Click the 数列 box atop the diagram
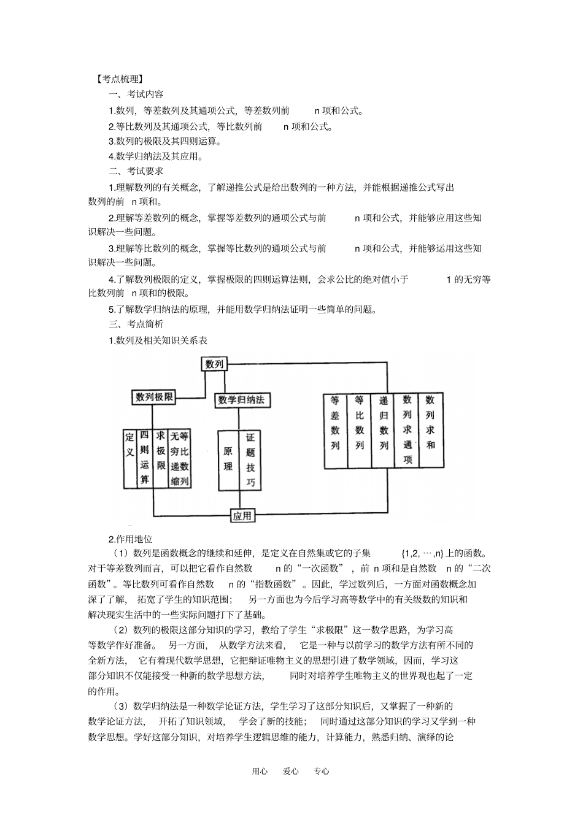click(x=214, y=364)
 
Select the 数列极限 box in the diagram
click(x=154, y=397)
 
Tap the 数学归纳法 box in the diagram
click(x=242, y=400)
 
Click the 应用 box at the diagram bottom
click(x=242, y=515)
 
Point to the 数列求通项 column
click(x=407, y=429)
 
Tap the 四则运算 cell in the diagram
click(x=144, y=457)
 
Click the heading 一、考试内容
click(x=136, y=94)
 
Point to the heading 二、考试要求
click(x=136, y=171)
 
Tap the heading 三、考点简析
click(x=136, y=324)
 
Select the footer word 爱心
click(x=291, y=772)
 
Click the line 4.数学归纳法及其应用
click(x=156, y=156)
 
